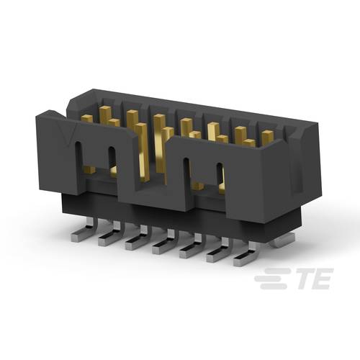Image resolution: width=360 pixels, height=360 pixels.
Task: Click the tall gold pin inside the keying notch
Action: click(158, 144)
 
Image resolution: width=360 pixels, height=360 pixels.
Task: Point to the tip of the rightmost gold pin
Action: click(268, 134)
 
